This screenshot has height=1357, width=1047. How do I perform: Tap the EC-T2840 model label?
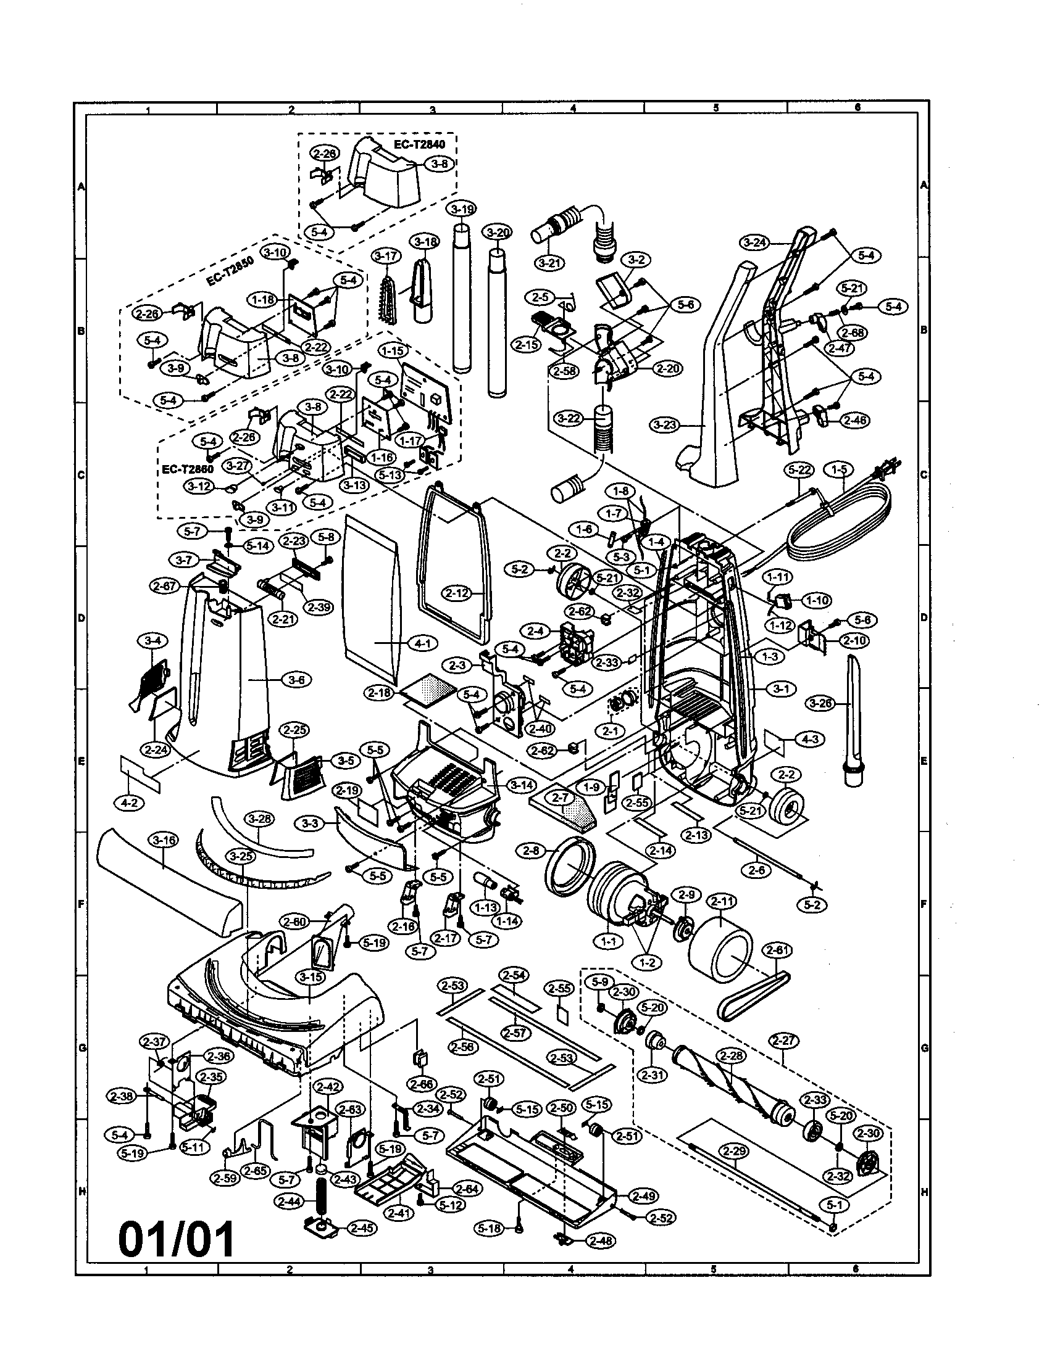pos(419,144)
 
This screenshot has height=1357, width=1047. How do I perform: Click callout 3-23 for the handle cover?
pos(665,426)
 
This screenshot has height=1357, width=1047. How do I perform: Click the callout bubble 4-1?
pos(422,644)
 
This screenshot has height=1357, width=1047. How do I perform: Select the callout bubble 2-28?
pos(730,1055)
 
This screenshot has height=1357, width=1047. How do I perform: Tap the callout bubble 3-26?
pos(822,704)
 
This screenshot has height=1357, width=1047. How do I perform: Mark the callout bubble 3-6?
pos(297,680)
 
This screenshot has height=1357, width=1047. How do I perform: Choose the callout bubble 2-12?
pos(457,593)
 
